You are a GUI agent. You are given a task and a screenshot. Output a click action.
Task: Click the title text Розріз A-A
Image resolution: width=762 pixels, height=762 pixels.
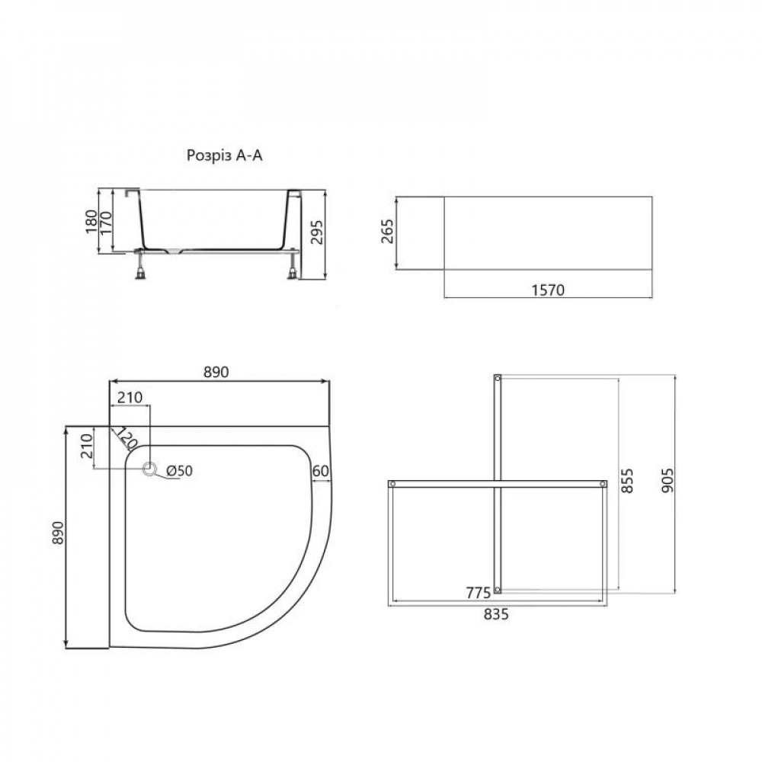pyautogui.click(x=226, y=156)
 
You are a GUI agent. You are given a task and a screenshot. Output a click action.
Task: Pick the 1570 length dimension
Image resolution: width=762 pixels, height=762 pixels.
pyautogui.click(x=547, y=290)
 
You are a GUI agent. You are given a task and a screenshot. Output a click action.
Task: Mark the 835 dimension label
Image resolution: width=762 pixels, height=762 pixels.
pyautogui.click(x=495, y=614)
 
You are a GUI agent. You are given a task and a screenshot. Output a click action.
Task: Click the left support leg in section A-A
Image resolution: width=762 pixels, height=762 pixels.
pyautogui.click(x=141, y=267)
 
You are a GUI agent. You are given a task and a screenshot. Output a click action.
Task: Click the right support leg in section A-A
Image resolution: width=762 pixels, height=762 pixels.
pyautogui.click(x=293, y=267)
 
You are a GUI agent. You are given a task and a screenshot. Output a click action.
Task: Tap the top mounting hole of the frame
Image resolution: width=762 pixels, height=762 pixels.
pyautogui.click(x=498, y=378)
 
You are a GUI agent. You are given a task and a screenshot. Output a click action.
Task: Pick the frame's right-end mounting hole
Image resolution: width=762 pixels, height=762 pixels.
pyautogui.click(x=603, y=484)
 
